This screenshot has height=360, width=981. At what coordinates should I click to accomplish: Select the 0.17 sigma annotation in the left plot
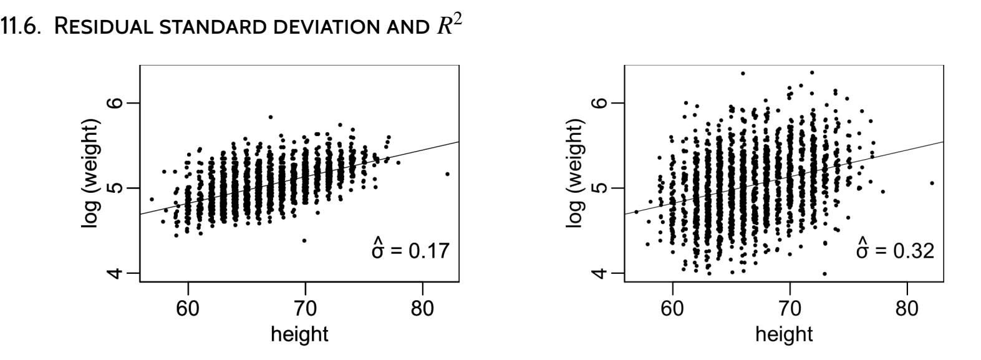410,250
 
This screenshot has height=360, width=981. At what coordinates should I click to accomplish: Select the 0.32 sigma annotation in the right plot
896,250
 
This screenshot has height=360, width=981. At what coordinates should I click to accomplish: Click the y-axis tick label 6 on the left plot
115,103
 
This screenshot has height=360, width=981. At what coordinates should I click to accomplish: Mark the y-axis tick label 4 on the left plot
115,273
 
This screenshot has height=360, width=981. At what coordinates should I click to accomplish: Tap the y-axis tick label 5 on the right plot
600,188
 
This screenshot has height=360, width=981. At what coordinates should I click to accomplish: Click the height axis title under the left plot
299,334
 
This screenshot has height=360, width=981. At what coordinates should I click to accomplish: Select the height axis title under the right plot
784,334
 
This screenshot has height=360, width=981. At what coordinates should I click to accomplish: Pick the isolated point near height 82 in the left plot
447,174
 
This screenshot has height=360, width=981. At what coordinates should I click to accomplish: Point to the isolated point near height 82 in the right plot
932,183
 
